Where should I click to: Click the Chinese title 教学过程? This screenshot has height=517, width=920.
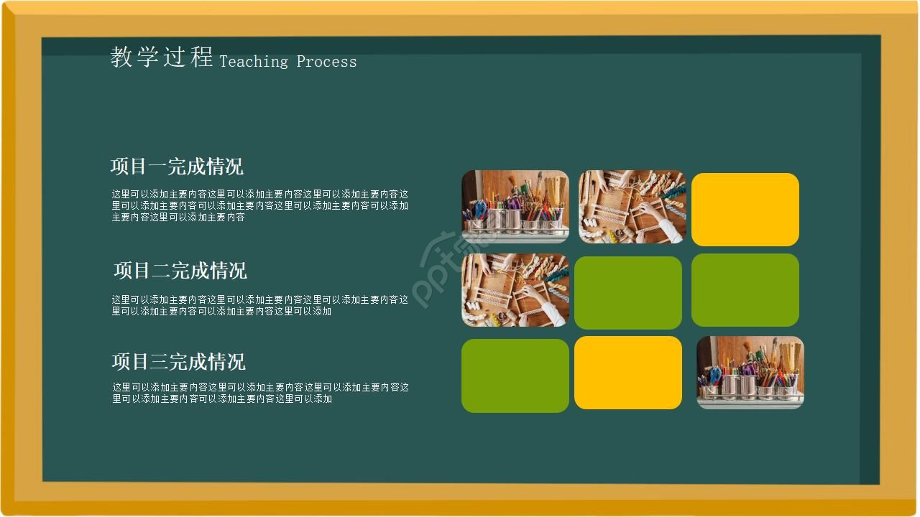click(x=162, y=57)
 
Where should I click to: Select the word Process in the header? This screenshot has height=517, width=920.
click(x=326, y=62)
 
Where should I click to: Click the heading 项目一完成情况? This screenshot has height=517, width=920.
click(x=177, y=167)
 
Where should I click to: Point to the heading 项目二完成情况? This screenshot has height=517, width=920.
click(x=180, y=271)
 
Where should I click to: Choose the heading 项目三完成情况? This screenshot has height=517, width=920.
click(x=179, y=361)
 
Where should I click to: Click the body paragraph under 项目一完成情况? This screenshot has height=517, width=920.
click(x=259, y=205)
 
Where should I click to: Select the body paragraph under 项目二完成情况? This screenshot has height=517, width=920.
click(x=259, y=305)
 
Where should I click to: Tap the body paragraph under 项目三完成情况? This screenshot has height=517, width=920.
click(x=260, y=393)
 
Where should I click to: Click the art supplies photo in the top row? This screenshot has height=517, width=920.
click(x=515, y=206)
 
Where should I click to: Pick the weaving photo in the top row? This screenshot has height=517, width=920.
click(x=632, y=207)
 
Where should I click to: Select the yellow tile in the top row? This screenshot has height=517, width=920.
click(x=745, y=209)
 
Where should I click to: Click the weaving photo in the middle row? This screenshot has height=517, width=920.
click(x=515, y=289)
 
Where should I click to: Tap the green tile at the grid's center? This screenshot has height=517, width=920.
click(x=628, y=292)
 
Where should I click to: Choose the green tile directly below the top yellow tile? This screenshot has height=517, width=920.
click(x=745, y=289)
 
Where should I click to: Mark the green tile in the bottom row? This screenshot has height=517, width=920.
click(x=515, y=376)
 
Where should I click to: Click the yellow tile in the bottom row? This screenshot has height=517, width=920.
click(x=628, y=373)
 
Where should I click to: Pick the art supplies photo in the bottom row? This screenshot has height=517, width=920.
click(x=750, y=372)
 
